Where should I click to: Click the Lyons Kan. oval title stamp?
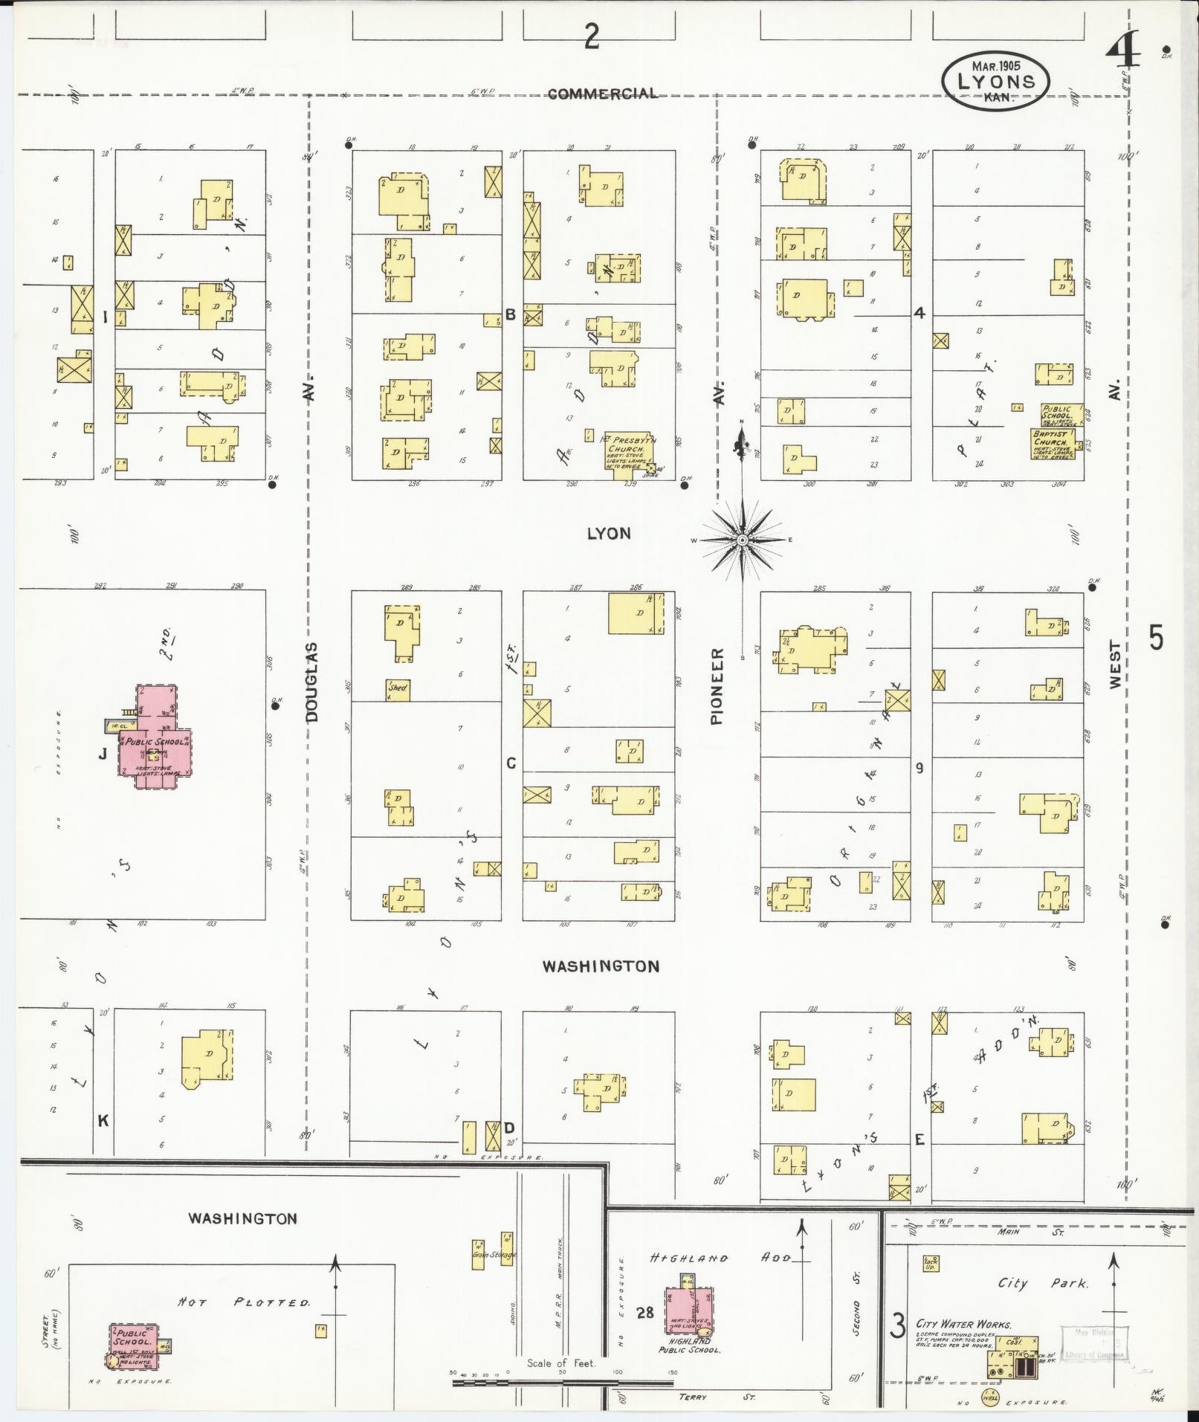point(995,82)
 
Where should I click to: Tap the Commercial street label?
point(602,94)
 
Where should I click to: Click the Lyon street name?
point(608,533)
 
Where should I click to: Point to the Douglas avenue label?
point(311,682)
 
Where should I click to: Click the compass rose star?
point(742,540)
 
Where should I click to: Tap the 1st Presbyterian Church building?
point(628,453)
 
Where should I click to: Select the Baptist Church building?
point(1053,444)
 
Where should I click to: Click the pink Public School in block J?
point(155,740)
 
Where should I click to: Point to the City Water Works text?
point(963,1324)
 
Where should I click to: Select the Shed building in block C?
point(398,689)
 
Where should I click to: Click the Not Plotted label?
point(244,1302)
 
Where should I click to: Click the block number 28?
point(644,1312)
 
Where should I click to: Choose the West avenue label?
point(1115,665)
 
